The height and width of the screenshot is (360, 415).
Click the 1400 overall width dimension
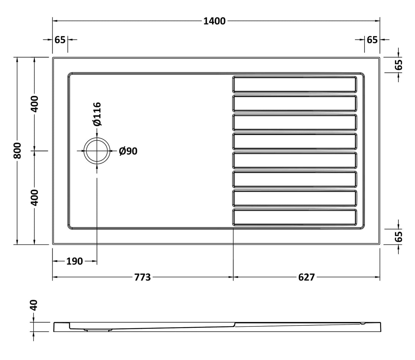214,21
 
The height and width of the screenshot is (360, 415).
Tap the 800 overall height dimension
18,151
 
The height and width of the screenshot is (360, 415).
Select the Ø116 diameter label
98,114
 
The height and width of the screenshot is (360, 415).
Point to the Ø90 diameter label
128,151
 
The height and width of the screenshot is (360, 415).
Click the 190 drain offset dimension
74,261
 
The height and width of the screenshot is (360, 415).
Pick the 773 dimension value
142,277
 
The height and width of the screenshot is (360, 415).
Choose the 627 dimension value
306,277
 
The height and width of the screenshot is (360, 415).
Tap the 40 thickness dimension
34,305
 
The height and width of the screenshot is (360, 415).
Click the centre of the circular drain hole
97,151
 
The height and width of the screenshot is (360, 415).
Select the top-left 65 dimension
60,40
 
